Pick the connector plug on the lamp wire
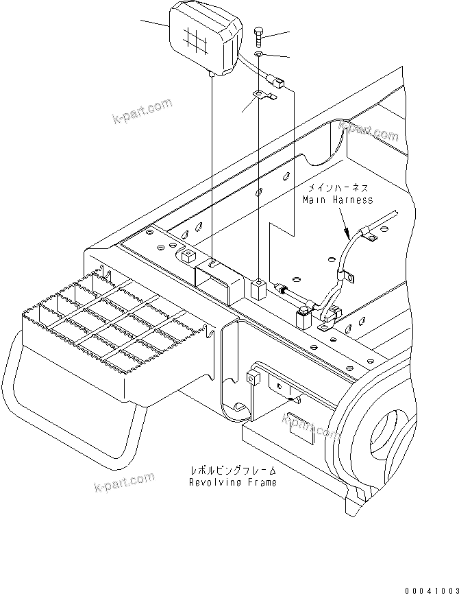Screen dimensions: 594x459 pyautogui.click(x=280, y=83)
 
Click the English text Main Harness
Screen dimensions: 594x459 pyautogui.click(x=338, y=200)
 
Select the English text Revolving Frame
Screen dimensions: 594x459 pyautogui.click(x=233, y=482)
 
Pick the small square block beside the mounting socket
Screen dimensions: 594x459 pyautogui.click(x=258, y=288)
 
